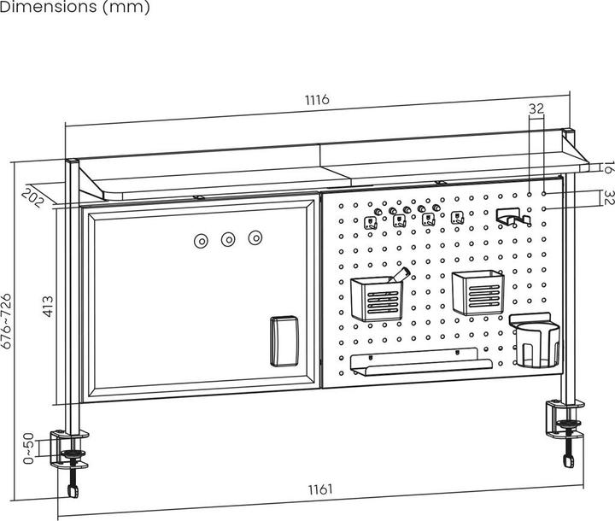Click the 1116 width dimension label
317,100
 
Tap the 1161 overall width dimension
320,489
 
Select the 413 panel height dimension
48,307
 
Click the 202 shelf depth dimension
32,198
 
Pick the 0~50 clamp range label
29,448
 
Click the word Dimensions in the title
48,6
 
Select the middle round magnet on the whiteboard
228,239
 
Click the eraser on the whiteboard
284,341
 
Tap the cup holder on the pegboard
535,341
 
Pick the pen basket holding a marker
377,295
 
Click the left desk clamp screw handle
73,491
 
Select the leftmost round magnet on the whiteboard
202,241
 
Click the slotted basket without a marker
477,293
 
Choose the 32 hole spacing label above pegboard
536,108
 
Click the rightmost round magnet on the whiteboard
255,237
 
